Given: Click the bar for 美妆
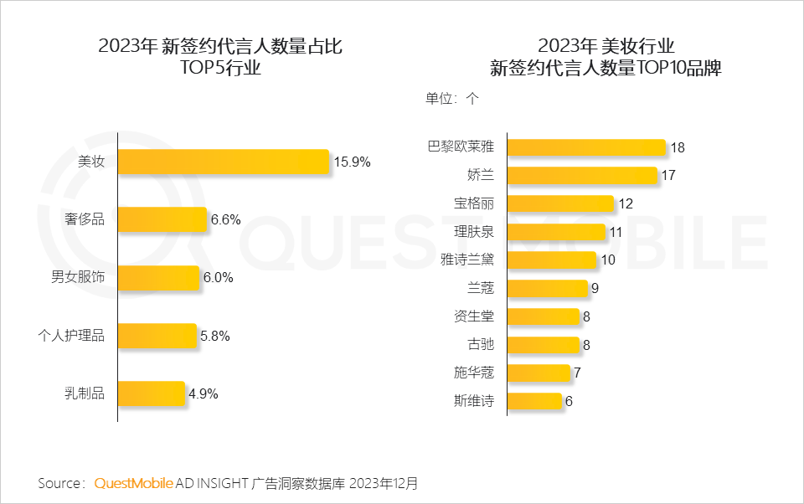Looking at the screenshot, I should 223,162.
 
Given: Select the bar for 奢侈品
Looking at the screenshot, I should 162,219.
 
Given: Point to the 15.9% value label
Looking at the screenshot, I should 352,162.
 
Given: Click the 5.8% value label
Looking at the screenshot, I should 215,336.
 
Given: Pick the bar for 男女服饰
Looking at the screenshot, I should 158,278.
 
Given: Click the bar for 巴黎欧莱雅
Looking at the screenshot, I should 586,147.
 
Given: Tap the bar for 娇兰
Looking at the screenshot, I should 582,175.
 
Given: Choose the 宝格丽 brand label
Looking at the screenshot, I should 473,203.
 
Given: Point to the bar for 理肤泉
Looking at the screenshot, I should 556,232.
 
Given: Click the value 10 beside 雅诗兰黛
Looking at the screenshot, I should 608,260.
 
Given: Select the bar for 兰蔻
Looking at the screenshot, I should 548,288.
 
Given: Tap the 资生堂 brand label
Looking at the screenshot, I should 473,316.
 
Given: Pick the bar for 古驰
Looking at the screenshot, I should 543,344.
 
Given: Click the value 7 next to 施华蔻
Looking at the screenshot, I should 578,373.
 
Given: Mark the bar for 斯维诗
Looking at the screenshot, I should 534,401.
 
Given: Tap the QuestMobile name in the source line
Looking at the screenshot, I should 134,484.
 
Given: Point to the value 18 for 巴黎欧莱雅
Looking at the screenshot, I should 678,147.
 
